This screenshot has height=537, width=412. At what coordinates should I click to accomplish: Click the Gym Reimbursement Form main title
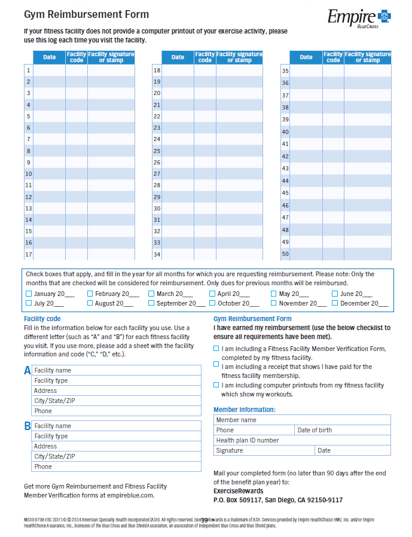point(86,14)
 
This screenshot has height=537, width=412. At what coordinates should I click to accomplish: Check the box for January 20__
point(29,294)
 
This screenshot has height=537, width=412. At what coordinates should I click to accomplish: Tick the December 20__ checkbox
point(335,303)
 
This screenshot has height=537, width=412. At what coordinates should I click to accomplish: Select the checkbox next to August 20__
point(90,303)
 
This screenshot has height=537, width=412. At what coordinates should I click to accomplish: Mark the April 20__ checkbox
point(212,294)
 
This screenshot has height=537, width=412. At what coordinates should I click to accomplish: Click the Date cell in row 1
point(49,71)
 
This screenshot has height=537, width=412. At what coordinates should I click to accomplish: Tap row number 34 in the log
point(157,255)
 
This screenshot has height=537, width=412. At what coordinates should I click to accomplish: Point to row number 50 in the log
point(285,254)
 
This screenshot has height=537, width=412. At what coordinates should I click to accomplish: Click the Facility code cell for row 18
point(205,71)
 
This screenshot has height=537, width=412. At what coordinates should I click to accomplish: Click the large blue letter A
point(27,371)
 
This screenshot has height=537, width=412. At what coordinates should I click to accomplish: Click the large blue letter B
point(27,426)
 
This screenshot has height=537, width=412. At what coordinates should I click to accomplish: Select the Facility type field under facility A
point(117,380)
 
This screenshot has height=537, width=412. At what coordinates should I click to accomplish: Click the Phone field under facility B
point(117,466)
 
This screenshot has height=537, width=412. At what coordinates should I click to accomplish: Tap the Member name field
point(302,420)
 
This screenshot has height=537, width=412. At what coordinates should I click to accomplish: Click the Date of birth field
point(343,430)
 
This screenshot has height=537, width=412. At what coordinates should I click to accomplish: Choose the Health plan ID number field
point(302,440)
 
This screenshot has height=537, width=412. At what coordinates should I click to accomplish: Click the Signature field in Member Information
point(264,450)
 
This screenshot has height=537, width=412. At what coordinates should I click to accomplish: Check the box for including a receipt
point(216,364)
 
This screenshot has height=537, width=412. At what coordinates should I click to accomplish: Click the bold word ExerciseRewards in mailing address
point(238,490)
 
